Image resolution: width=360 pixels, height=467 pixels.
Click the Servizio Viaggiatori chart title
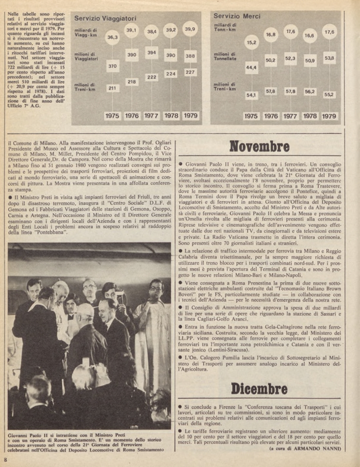tap(105, 19)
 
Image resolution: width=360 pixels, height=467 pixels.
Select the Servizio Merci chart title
tap(237, 16)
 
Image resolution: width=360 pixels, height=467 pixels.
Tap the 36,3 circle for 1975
tap(112, 38)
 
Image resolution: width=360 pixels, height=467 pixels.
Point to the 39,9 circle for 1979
tap(190, 29)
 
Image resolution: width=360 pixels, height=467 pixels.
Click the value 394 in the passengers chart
tap(151, 53)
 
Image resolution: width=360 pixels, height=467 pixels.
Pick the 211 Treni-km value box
tap(112, 88)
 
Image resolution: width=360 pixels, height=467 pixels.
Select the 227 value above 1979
tap(190, 72)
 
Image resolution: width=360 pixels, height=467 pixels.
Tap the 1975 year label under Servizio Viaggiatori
tap(112, 116)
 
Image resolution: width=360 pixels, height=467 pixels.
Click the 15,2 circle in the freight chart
tap(251, 43)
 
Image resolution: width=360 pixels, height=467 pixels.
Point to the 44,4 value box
tap(251, 67)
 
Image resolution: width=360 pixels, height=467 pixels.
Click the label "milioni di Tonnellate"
tap(225, 56)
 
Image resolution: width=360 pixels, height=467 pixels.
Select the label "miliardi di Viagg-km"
tap(86, 32)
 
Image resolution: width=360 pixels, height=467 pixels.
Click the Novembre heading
tap(259, 146)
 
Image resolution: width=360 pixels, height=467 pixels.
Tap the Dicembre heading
tap(259, 388)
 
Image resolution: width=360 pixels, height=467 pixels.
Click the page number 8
tap(6, 459)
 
